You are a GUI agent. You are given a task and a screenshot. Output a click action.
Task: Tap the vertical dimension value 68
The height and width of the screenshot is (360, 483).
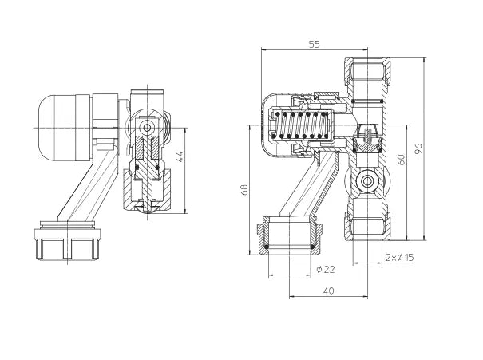click(245, 189)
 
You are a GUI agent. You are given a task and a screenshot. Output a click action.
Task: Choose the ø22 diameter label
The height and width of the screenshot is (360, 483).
click(325, 269)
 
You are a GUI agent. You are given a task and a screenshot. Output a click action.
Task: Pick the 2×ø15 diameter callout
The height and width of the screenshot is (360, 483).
click(400, 257)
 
